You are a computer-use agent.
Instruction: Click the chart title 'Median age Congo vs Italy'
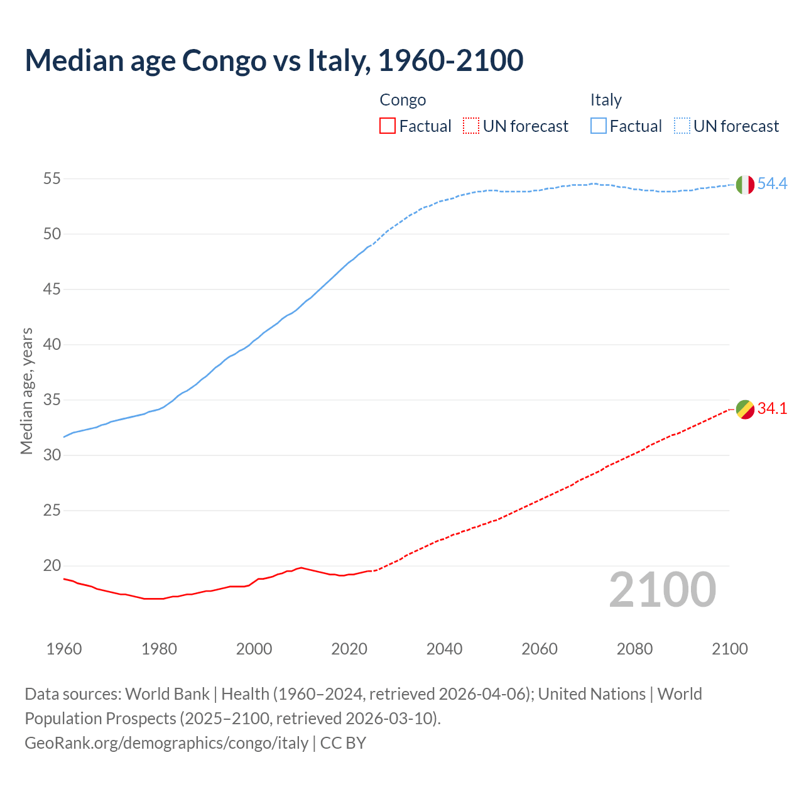(x=274, y=61)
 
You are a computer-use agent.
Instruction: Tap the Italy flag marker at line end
(x=745, y=185)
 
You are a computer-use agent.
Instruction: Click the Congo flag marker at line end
(x=745, y=410)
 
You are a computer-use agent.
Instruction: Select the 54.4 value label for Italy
(x=772, y=184)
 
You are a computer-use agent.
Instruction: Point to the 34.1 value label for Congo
(x=772, y=409)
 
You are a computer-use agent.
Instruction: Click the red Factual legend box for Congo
(x=388, y=126)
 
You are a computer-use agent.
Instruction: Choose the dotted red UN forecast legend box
(x=471, y=126)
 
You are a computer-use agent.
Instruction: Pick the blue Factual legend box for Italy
(x=599, y=126)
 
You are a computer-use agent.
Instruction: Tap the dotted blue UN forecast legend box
(x=682, y=126)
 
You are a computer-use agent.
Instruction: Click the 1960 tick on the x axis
(x=64, y=649)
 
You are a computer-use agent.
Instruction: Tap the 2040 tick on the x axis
(x=444, y=649)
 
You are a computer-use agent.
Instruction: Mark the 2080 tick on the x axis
(x=634, y=649)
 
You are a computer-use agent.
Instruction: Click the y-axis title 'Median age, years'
(x=26, y=391)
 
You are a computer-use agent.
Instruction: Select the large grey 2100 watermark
(x=662, y=590)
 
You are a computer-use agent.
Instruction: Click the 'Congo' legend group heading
(x=403, y=100)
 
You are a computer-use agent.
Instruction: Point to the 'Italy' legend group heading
(x=606, y=100)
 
